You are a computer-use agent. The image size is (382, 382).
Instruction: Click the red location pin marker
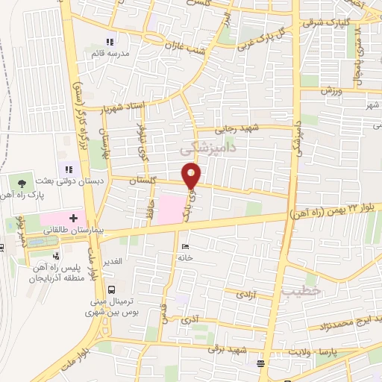click(192, 175)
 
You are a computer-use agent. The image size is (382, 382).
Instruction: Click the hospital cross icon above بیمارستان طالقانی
click(73, 217)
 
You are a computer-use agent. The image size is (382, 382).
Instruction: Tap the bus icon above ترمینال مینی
click(111, 289)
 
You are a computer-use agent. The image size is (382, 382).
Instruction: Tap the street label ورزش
click(331, 90)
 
